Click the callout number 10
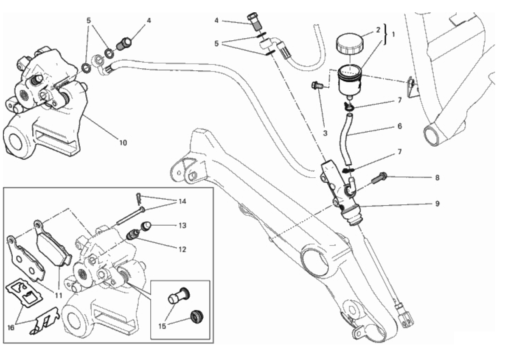(123, 143)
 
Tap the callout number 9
(437, 204)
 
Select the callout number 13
(182, 226)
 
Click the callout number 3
(325, 133)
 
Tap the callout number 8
(437, 178)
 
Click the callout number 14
(182, 201)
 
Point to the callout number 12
(182, 250)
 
